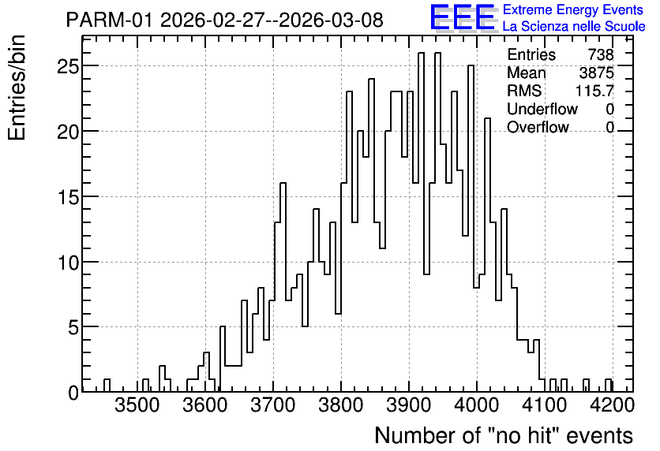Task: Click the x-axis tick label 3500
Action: pyautogui.click(x=137, y=406)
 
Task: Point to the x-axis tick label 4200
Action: pyautogui.click(x=613, y=406)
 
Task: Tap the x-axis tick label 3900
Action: pyautogui.click(x=409, y=406)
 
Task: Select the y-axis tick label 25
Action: pyautogui.click(x=68, y=66)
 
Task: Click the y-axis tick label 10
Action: pyautogui.click(x=68, y=262)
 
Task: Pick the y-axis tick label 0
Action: pyautogui.click(x=73, y=393)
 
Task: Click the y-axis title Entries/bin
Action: pyautogui.click(x=17, y=88)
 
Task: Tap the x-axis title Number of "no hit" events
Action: pyautogui.click(x=504, y=435)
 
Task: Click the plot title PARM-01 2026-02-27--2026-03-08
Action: pyautogui.click(x=225, y=20)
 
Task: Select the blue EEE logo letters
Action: pyautogui.click(x=463, y=17)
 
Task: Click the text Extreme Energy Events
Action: pyautogui.click(x=573, y=9)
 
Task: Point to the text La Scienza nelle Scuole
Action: pyautogui.click(x=574, y=27)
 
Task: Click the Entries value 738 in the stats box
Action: pyautogui.click(x=601, y=54)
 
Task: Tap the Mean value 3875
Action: pyautogui.click(x=596, y=73)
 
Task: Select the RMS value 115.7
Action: pyautogui.click(x=594, y=91)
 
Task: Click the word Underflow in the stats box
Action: pyautogui.click(x=542, y=109)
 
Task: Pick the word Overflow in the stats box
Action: pyautogui.click(x=538, y=127)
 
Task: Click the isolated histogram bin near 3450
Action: pyautogui.click(x=107, y=386)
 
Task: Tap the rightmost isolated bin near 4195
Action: pyautogui.click(x=608, y=386)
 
